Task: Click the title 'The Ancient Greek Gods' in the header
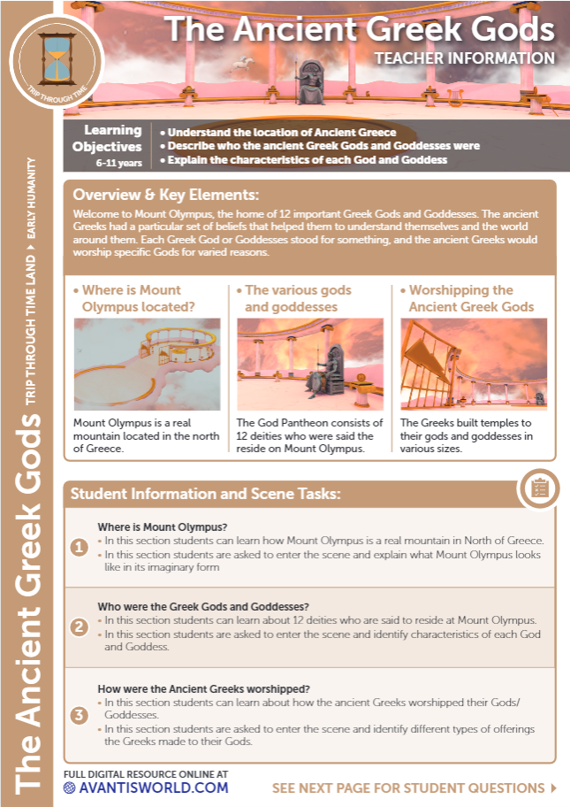pos(360,29)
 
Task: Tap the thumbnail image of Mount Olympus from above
pos(147,364)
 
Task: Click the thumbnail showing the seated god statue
pos(309,364)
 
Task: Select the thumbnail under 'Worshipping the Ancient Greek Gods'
pos(473,364)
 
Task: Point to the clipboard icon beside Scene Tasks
pos(540,487)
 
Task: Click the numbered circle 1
pos(80,548)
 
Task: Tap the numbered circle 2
pos(80,627)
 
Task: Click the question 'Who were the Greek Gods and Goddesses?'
pos(202,607)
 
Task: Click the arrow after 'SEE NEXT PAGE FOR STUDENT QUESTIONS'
pos(553,788)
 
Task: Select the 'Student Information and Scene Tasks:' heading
pos(205,494)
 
